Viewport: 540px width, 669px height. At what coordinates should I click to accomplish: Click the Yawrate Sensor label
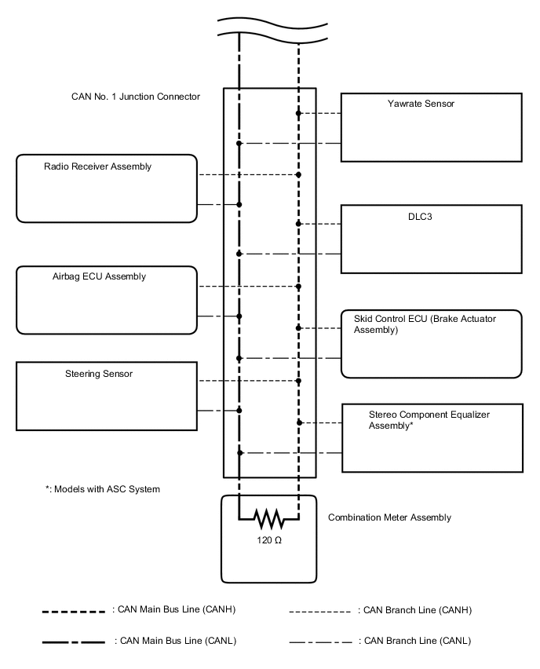[x=421, y=104]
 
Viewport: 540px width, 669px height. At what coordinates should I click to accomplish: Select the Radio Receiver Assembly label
[x=97, y=166]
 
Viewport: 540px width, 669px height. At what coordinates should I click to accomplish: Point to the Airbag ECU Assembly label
[x=94, y=276]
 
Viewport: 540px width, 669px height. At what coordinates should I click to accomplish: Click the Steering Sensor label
[x=99, y=374]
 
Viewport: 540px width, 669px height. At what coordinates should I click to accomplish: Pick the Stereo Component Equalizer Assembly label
[x=434, y=419]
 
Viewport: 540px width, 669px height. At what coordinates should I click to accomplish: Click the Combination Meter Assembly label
[x=389, y=517]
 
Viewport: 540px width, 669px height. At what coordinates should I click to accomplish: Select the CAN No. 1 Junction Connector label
[x=136, y=97]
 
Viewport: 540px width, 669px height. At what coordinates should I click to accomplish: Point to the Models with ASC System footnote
[x=102, y=489]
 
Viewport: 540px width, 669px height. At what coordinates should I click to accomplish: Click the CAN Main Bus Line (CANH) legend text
[x=175, y=609]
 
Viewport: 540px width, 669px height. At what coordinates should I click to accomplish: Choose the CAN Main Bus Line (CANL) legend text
[x=176, y=641]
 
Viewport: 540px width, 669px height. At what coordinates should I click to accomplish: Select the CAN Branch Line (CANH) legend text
[x=414, y=609]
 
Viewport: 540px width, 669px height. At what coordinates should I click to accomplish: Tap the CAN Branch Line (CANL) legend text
[x=414, y=641]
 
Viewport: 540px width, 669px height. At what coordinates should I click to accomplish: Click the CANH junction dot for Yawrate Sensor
[x=298, y=114]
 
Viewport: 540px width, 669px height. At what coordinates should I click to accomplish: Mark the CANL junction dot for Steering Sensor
[x=239, y=410]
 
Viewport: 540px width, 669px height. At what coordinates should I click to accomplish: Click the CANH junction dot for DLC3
[x=298, y=224]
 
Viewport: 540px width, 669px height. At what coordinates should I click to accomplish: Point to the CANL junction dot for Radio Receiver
[x=239, y=204]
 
